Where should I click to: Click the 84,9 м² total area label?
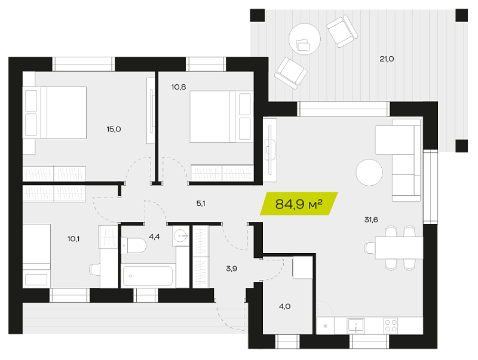[x=299, y=204]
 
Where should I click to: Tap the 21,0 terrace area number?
[x=387, y=59]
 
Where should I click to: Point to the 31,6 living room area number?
[x=371, y=219]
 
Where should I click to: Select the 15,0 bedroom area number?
[x=114, y=129]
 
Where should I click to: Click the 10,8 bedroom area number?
[x=178, y=87]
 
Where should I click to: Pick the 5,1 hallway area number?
[x=201, y=204]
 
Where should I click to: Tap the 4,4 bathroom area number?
[x=154, y=236]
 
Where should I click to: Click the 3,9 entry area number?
[x=231, y=269]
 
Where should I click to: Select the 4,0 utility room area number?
[x=284, y=306]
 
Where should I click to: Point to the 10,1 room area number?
[x=73, y=239]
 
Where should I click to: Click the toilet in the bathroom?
[x=133, y=245]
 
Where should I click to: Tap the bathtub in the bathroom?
[x=148, y=276]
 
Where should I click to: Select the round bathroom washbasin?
[x=180, y=235]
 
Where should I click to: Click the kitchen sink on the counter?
[x=356, y=325]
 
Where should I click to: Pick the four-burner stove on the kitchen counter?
[x=391, y=325]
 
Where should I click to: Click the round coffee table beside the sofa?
[x=369, y=173]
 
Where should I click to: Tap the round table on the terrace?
[x=305, y=39]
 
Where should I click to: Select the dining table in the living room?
[x=399, y=248]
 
